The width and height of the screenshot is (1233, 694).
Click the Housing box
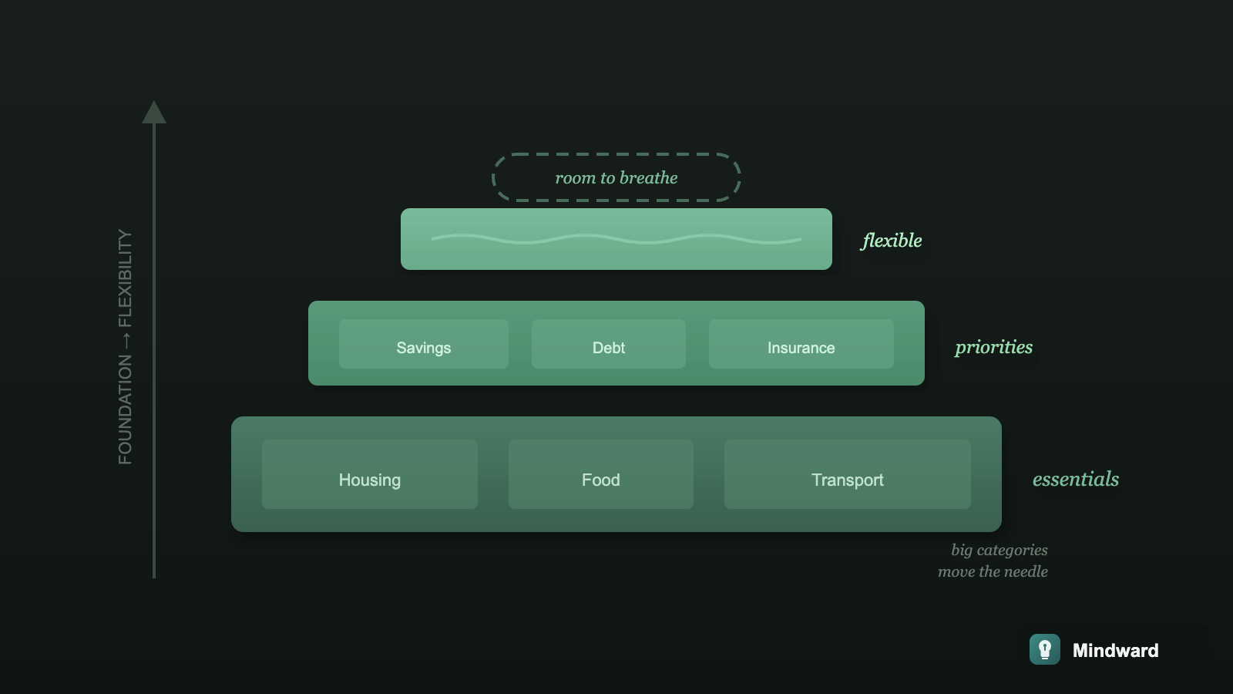pos(370,474)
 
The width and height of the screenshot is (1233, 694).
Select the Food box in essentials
pos(601,474)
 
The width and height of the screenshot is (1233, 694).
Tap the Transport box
pos(848,474)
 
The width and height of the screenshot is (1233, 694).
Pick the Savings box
pos(424,344)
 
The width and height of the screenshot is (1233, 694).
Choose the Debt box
pos(609,344)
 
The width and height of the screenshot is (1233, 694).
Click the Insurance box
pos(801,344)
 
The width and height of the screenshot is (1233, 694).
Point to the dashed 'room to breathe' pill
pos(616,177)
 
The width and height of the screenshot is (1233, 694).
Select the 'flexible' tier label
pos(892,241)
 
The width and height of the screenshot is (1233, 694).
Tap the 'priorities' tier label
pos(993,347)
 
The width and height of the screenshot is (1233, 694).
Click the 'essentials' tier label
pos(1075,479)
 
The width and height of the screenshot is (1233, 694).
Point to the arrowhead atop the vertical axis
pos(154,113)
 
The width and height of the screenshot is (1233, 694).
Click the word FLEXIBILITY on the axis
pos(125,278)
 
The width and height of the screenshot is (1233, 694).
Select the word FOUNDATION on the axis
pos(125,409)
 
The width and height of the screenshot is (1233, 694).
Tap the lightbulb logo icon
pos(1045,649)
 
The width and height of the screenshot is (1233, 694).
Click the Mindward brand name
pos(1115,650)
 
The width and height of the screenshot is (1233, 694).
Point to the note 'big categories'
pos(999,550)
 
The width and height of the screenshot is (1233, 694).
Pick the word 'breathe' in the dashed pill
pos(648,177)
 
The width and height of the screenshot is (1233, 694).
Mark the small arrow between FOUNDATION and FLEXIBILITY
pos(125,341)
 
